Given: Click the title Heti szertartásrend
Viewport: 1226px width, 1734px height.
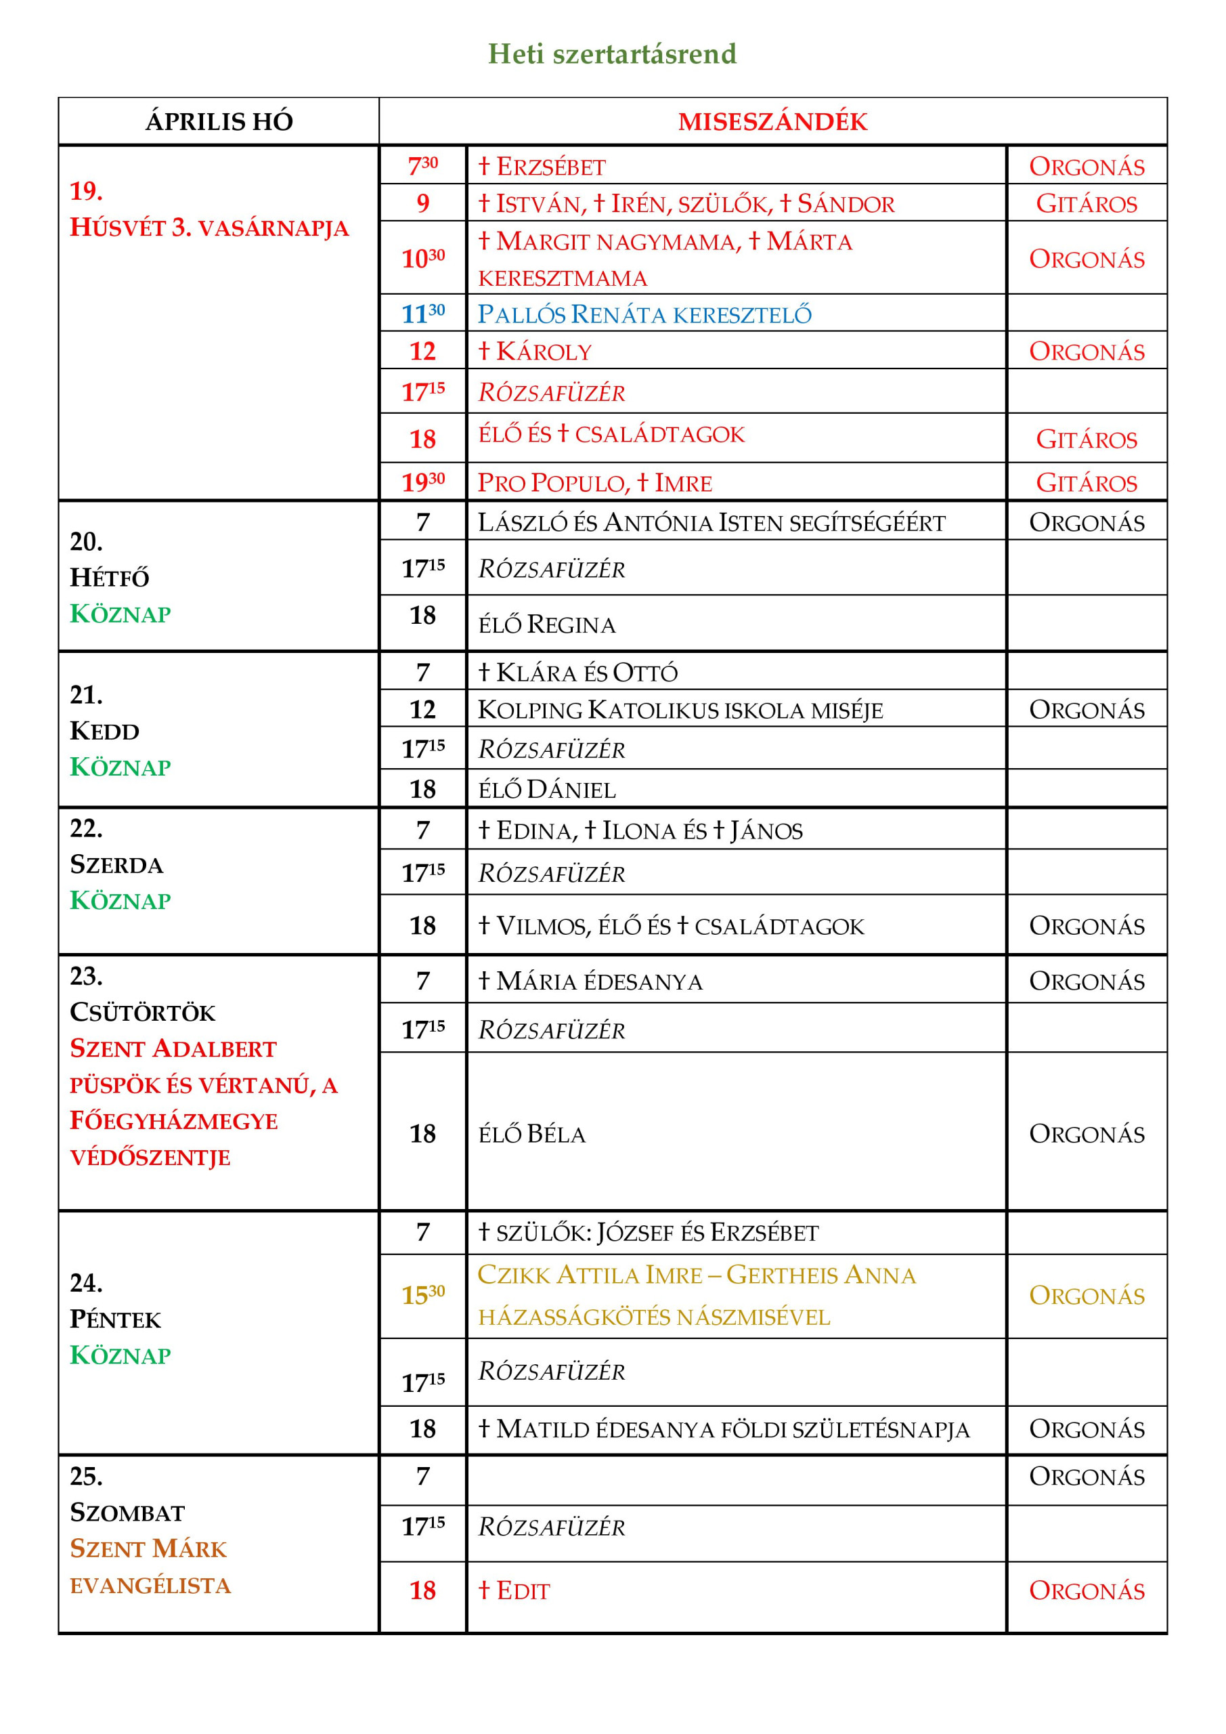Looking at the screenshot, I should pos(611,54).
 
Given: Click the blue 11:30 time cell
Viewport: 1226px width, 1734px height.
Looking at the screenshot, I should pos(422,314).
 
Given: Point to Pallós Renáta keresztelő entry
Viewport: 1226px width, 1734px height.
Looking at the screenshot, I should pos(644,314).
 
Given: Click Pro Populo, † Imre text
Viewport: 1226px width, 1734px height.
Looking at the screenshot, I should pos(594,482).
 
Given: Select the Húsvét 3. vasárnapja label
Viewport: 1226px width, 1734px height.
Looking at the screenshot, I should pos(209,228).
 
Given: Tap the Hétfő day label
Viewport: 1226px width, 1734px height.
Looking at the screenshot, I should pos(110,578).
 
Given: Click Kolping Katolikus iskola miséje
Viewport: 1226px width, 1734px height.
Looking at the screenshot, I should pos(680,710).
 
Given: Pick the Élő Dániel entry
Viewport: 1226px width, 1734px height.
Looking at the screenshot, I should pos(546,790).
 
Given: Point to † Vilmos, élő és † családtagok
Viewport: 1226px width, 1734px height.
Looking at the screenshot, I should pos(670,926).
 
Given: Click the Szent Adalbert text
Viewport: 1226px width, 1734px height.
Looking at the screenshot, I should pos(173,1049).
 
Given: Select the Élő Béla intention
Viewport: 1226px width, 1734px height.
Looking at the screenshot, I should pos(531,1135).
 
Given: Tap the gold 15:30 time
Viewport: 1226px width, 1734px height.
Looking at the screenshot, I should pos(422,1296).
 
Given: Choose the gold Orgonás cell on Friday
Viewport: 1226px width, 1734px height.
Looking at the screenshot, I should pos(1087,1296).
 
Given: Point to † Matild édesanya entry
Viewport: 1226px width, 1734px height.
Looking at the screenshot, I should pos(723,1430).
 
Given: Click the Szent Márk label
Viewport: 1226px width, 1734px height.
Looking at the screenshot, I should pos(148,1549).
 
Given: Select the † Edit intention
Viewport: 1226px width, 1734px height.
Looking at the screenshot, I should pos(513,1590).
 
